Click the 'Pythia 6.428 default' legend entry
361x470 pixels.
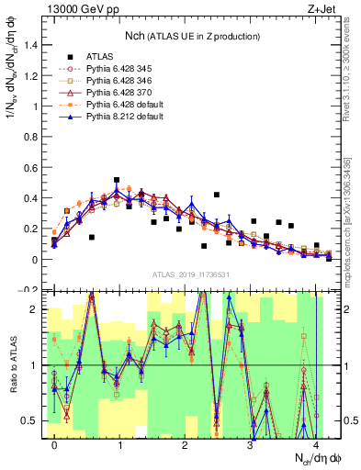point(124,105)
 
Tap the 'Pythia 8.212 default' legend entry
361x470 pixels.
point(124,117)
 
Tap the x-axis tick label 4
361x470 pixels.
point(315,443)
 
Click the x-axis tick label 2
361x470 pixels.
point(185,443)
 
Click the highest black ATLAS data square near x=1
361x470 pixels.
point(117,180)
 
